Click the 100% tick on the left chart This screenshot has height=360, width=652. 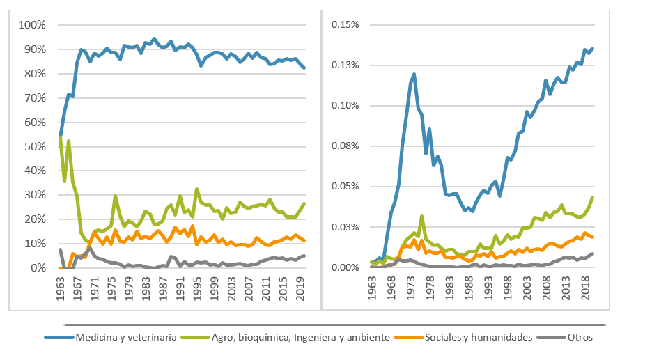(x=32, y=25)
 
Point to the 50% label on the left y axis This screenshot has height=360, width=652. (x=34, y=147)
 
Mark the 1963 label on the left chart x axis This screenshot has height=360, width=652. (x=61, y=288)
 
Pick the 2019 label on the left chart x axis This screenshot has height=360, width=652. (x=301, y=288)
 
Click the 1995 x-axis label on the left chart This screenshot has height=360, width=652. (x=198, y=288)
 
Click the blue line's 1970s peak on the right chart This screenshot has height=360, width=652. (x=414, y=74)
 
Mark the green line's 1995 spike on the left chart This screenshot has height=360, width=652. (x=197, y=189)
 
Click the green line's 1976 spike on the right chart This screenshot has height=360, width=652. (x=421, y=216)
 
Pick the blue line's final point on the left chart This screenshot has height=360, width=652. (x=304, y=68)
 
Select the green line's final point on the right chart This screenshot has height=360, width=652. (x=592, y=197)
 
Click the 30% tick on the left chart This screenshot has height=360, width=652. (x=34, y=196)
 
